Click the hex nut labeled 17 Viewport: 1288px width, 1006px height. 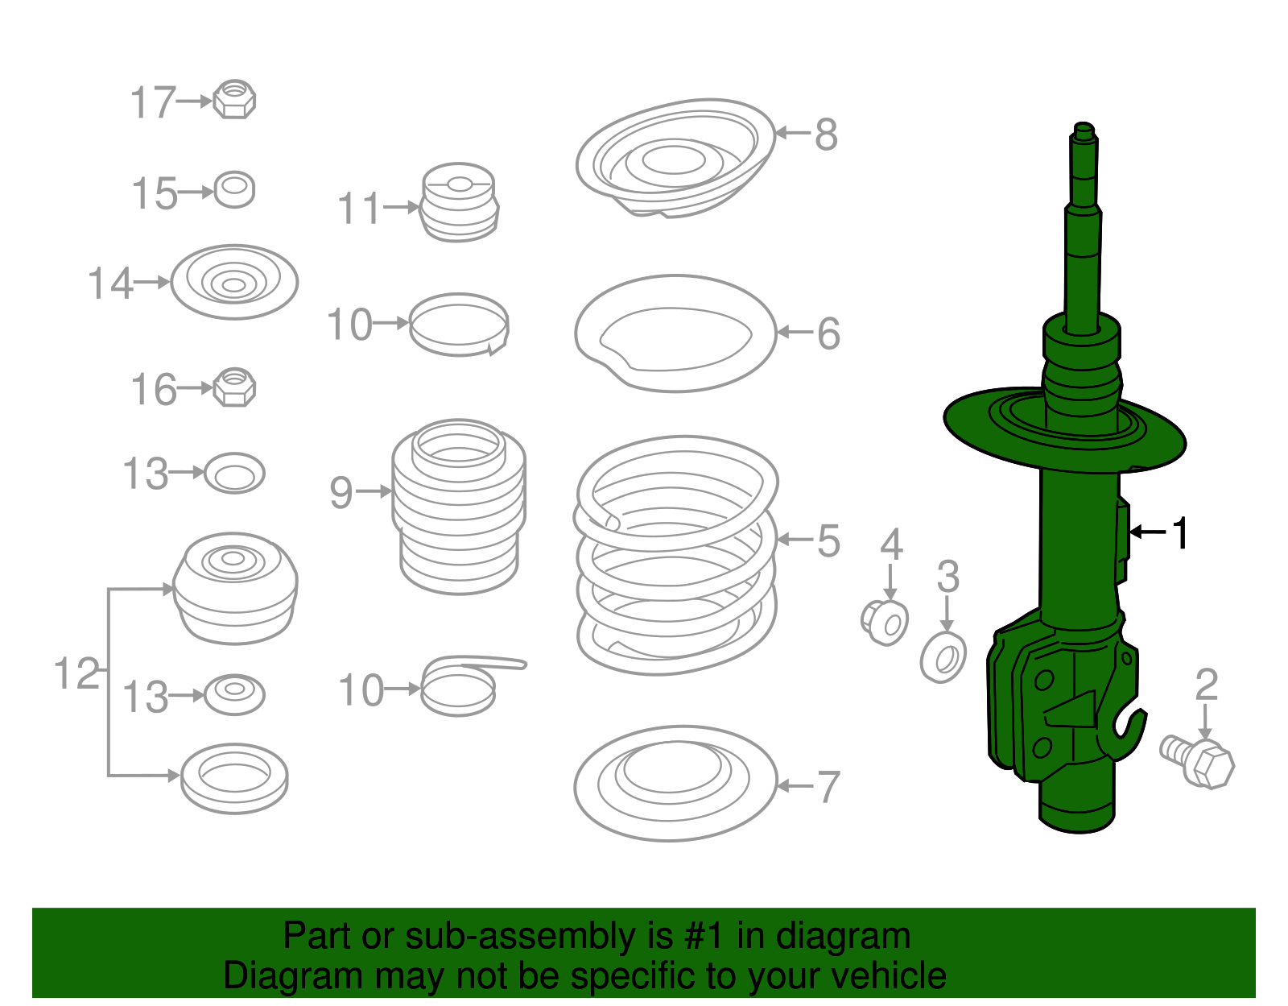(234, 100)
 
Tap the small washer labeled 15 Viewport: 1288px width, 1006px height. (234, 190)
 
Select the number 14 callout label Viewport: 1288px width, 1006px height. (110, 284)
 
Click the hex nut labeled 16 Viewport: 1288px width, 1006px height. (234, 387)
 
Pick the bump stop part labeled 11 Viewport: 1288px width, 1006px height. (460, 203)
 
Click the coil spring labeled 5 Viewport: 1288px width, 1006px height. (676, 556)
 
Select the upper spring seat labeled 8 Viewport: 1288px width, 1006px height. (675, 158)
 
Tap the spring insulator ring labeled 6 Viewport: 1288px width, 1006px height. (675, 333)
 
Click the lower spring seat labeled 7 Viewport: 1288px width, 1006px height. (675, 783)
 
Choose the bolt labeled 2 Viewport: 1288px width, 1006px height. (1199, 759)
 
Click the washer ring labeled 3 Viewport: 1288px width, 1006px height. (943, 658)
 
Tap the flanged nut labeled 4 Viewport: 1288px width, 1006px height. (885, 623)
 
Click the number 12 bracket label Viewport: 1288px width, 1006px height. (77, 673)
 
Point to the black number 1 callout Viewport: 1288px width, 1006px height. (1180, 533)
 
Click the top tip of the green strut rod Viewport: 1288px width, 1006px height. (1084, 127)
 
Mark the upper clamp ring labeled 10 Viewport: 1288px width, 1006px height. (460, 324)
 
